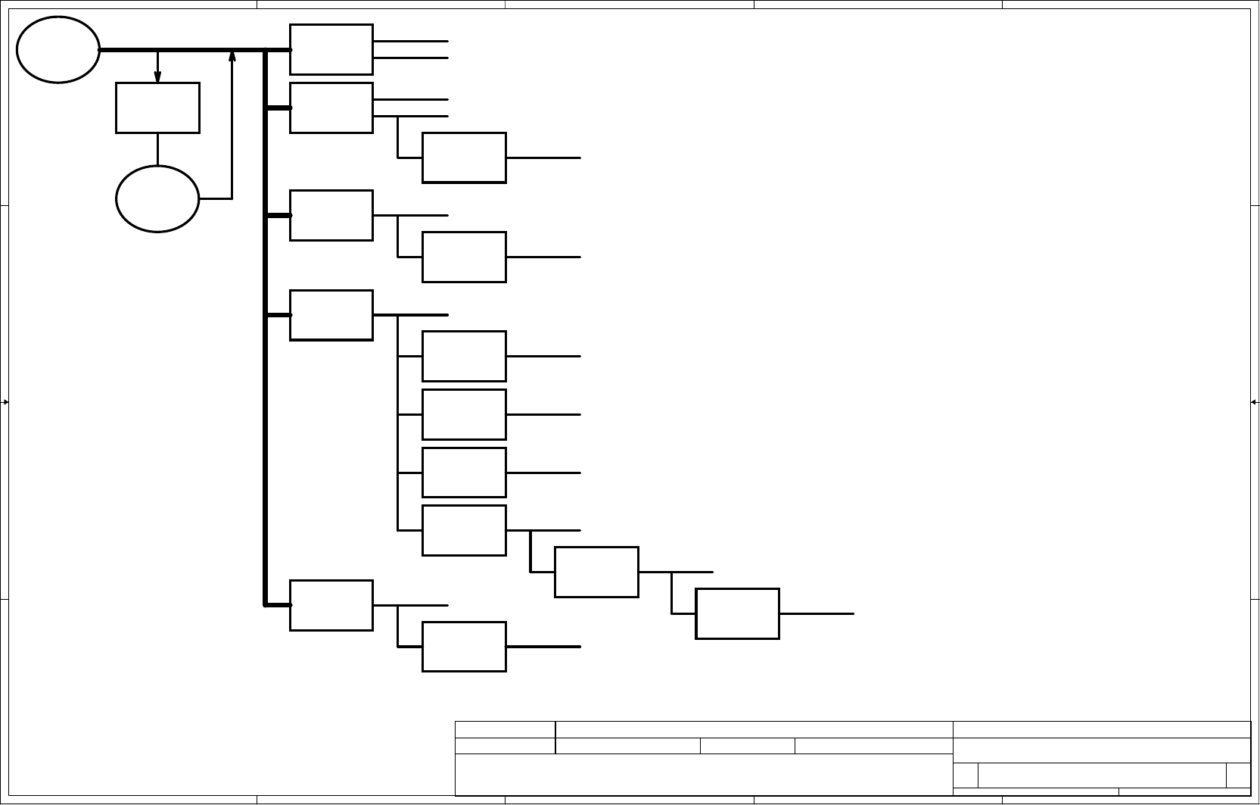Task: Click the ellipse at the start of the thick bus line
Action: [58, 49]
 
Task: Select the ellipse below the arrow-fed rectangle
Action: [157, 198]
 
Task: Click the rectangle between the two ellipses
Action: [157, 108]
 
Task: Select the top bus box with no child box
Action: [331, 49]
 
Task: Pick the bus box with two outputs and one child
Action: [331, 108]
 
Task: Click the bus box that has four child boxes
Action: [331, 315]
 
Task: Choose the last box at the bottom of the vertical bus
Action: [331, 605]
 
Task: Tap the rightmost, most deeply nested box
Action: [737, 613]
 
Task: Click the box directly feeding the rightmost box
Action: [596, 572]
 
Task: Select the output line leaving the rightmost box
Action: [817, 613]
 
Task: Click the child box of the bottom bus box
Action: [464, 647]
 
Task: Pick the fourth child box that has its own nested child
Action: [464, 530]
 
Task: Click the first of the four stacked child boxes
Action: [464, 356]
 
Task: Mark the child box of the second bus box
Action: [464, 158]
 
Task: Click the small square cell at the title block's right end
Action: [1238, 775]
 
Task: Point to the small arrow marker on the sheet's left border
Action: [5, 402]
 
